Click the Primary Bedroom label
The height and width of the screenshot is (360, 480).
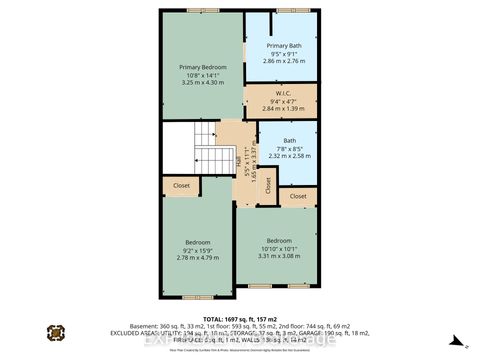[x=203, y=67]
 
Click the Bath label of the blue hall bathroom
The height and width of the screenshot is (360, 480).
[x=289, y=141]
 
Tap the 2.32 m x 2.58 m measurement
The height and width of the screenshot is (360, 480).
[x=289, y=156]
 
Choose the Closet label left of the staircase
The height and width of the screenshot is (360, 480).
[x=182, y=185]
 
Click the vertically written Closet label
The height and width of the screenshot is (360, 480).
[x=268, y=185]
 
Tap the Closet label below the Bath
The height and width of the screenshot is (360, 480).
[x=298, y=197]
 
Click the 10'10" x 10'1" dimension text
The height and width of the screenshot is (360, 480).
[x=279, y=248]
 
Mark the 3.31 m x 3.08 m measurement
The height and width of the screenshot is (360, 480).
[x=279, y=256]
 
